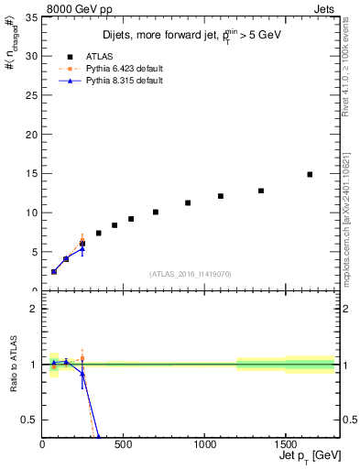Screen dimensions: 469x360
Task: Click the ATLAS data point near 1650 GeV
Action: click(x=310, y=174)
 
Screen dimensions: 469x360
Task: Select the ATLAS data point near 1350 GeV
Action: click(x=261, y=191)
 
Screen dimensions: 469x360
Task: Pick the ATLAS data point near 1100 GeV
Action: click(x=221, y=196)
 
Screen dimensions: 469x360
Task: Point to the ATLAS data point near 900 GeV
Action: click(x=188, y=202)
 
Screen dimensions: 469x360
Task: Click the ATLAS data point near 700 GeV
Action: click(x=156, y=212)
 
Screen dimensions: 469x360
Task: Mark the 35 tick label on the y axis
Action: click(x=32, y=17)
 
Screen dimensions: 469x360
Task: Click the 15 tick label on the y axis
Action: click(x=32, y=173)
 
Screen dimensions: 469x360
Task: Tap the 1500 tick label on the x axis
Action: click(x=285, y=445)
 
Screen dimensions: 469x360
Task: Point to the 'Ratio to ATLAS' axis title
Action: click(x=12, y=364)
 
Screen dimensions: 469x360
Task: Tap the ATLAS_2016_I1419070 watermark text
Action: click(x=190, y=273)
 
